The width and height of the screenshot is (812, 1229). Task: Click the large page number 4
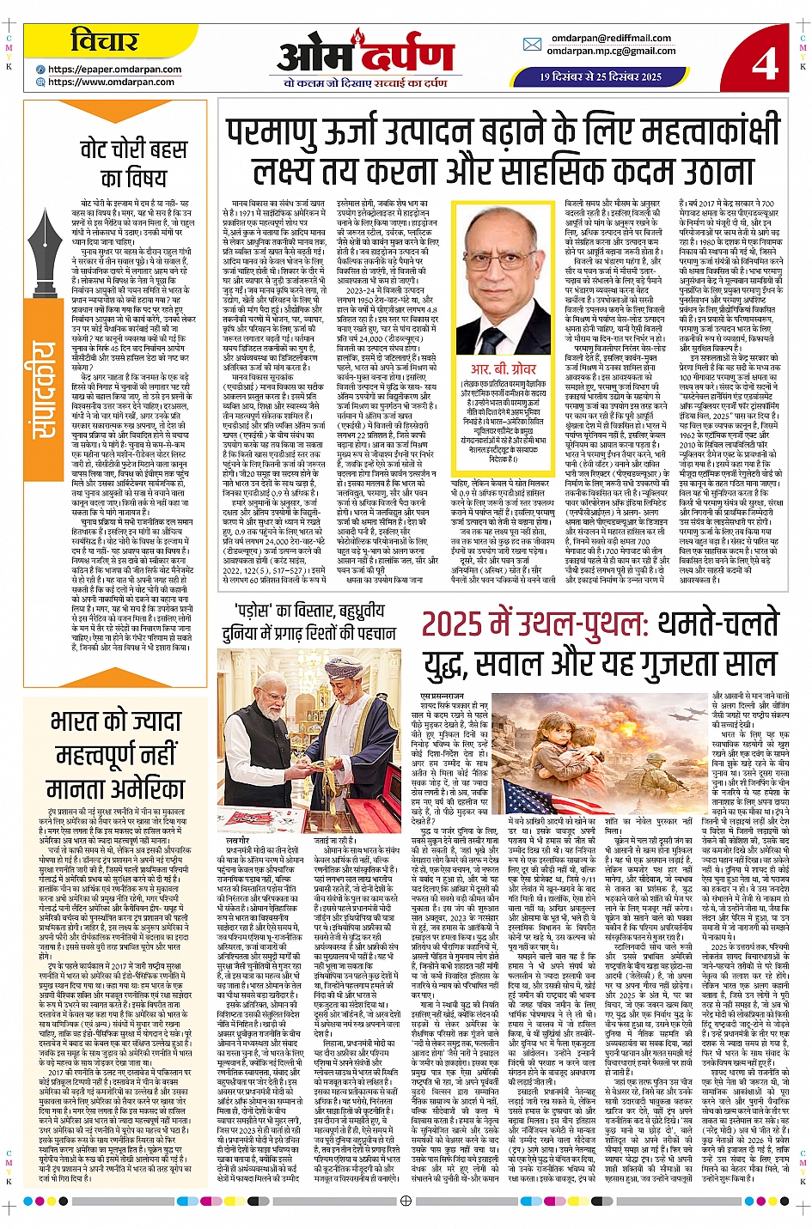pyautogui.click(x=764, y=62)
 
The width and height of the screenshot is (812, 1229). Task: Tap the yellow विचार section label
pyautogui.click(x=104, y=41)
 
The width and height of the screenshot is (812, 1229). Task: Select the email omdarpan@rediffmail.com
pyautogui.click(x=611, y=38)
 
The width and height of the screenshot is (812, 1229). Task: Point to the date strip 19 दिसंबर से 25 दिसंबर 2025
pyautogui.click(x=601, y=76)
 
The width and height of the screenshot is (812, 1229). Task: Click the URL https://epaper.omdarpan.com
pyautogui.click(x=114, y=70)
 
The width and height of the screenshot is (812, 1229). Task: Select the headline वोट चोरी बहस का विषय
pyautogui.click(x=133, y=163)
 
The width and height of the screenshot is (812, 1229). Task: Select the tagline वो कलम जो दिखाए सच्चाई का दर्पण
pyautogui.click(x=365, y=83)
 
